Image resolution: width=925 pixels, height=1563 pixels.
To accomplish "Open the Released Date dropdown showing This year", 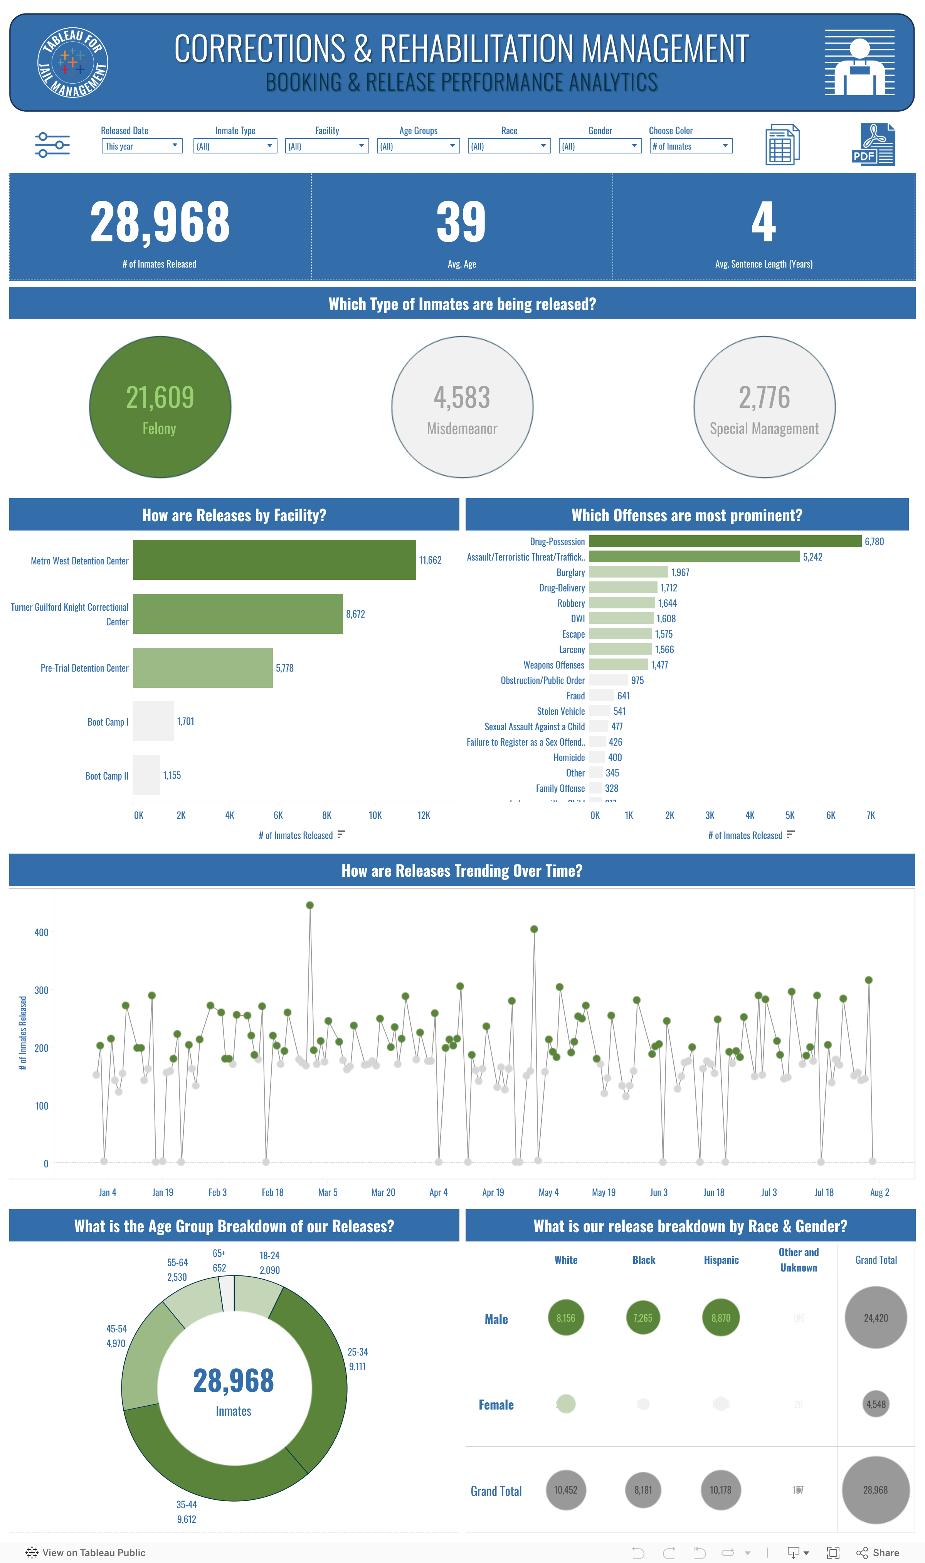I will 141,146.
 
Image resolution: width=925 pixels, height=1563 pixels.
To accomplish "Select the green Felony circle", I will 160,407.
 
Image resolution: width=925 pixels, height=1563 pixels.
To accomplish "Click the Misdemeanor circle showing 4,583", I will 462,407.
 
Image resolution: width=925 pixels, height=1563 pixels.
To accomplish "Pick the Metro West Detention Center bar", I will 274,560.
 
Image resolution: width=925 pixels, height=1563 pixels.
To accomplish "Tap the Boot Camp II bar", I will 146,775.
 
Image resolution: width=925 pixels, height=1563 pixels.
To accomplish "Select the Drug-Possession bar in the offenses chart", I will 725,541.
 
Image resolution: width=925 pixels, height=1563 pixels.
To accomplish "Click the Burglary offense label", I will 570,572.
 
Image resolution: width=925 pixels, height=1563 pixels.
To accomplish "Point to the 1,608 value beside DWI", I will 666,618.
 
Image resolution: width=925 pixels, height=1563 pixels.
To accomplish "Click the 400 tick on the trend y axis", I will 41,932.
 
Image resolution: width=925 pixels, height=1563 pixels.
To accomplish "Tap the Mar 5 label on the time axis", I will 328,1192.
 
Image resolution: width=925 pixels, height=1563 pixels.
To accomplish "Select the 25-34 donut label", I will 358,1352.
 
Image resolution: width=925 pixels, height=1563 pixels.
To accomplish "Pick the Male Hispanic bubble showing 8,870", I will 721,1318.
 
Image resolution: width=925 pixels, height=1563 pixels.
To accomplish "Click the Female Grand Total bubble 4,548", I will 875,1404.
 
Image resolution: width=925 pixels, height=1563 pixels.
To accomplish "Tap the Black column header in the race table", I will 643,1260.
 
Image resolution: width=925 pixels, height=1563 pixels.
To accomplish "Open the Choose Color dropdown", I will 690,146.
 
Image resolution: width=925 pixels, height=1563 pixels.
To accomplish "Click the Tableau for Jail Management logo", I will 73,63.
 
